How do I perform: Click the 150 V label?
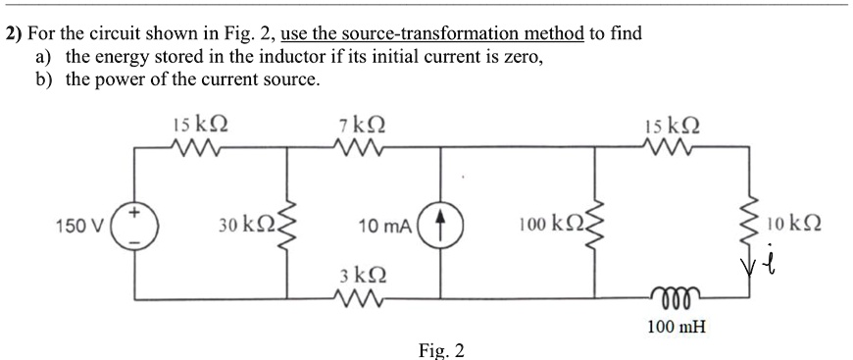click(78, 225)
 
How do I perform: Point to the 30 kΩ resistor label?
click(248, 225)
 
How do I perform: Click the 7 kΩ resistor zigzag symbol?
click(359, 146)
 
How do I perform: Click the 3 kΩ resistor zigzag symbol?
click(359, 298)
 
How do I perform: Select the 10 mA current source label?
click(385, 226)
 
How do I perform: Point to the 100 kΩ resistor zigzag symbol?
click(594, 225)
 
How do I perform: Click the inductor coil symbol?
click(675, 294)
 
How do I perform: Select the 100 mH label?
click(677, 328)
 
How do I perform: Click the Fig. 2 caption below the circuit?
click(442, 350)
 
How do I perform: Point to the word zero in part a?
click(524, 57)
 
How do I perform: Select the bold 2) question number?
click(14, 33)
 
